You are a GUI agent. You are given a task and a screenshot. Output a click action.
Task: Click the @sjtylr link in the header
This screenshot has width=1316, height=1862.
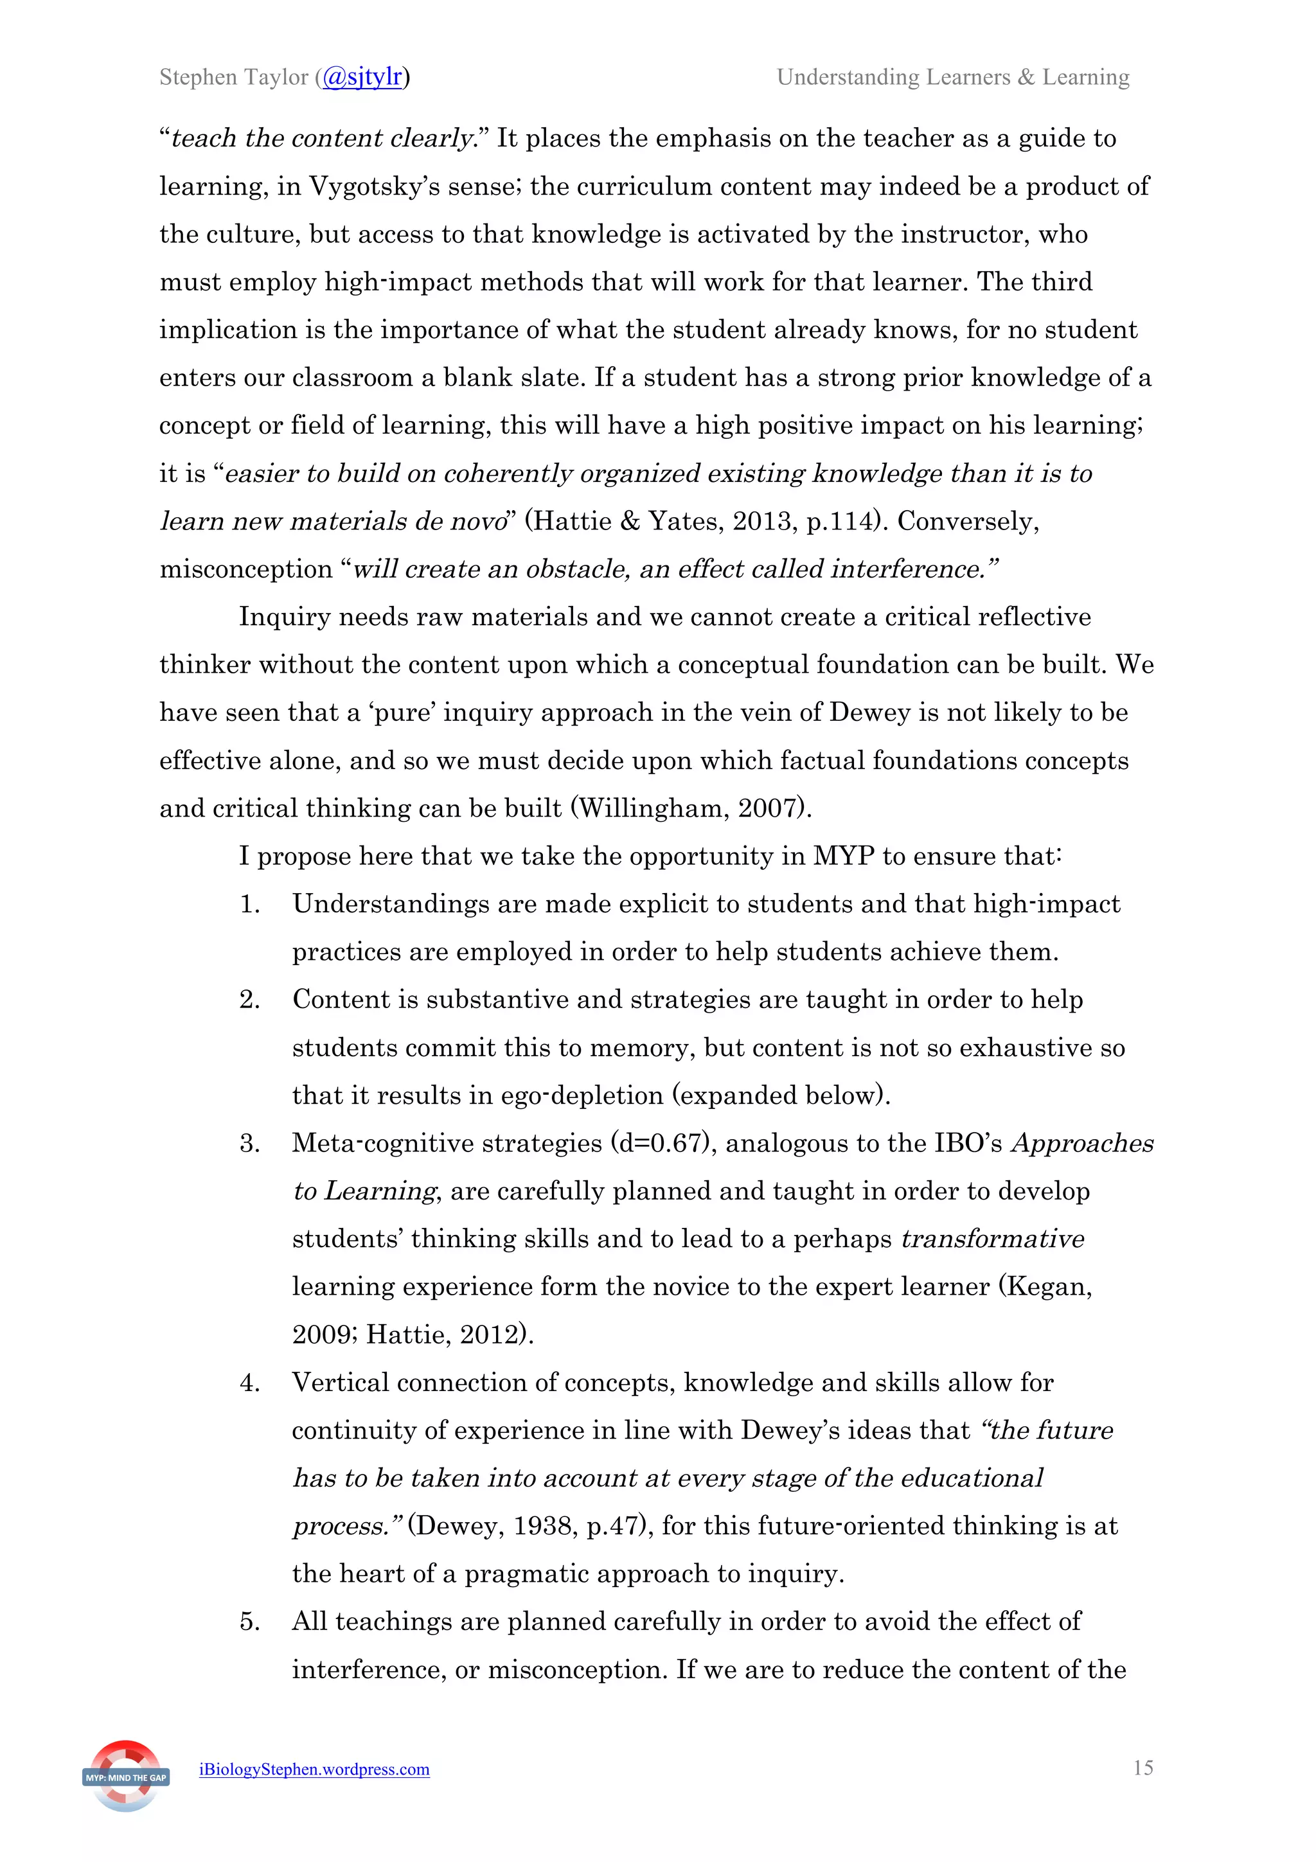[362, 77]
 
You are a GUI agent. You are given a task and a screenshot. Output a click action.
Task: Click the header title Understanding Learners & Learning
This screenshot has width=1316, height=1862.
[953, 77]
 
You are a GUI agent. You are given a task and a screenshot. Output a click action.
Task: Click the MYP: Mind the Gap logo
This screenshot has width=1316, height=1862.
[126, 1777]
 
